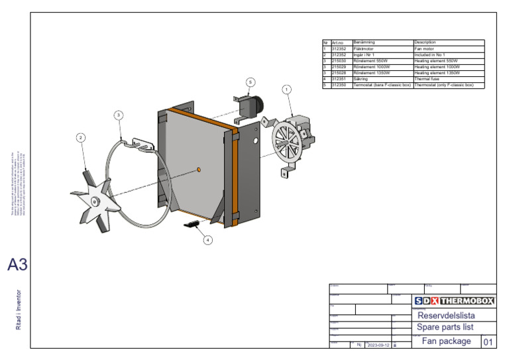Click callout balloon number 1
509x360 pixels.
[286, 89]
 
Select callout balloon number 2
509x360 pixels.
[80, 138]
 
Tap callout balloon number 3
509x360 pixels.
[118, 115]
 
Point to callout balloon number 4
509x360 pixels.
[207, 240]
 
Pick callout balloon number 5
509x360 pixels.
[250, 82]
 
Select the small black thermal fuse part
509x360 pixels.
[191, 225]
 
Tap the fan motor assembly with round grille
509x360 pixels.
[295, 139]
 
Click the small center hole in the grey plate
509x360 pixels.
[198, 170]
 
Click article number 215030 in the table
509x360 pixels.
[340, 61]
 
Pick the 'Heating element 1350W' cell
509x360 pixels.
[448, 73]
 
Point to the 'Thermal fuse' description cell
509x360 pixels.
[448, 79]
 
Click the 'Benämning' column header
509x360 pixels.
[382, 42]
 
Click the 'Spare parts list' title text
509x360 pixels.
[445, 328]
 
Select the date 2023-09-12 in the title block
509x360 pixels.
[377, 345]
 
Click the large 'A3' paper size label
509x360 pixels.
[18, 265]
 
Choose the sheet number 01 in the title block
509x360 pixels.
[488, 342]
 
